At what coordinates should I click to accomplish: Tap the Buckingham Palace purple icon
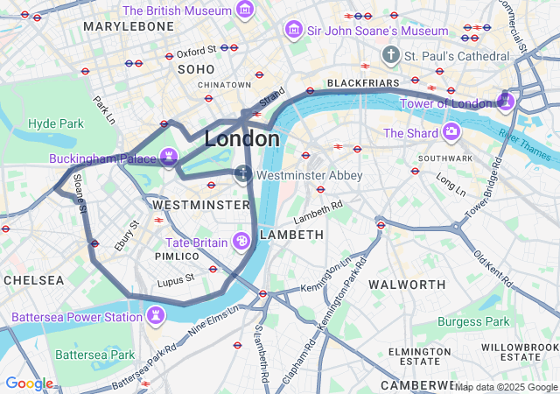[169, 158]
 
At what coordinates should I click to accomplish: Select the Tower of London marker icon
[505, 102]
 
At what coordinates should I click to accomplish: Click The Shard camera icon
[451, 132]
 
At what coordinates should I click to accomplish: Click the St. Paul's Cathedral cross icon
[391, 55]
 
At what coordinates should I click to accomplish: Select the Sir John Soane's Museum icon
[294, 31]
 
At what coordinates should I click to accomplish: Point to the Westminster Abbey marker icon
[243, 175]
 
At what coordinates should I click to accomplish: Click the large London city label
[242, 138]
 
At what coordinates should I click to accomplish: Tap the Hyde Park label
[54, 123]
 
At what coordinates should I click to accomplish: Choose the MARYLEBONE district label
[129, 27]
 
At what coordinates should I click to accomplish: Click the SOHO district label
[196, 68]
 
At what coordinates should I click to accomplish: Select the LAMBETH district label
[292, 235]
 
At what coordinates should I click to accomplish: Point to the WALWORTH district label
[407, 285]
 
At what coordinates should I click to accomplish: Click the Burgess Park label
[472, 321]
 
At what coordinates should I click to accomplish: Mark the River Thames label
[527, 144]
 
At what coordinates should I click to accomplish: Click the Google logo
[29, 383]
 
